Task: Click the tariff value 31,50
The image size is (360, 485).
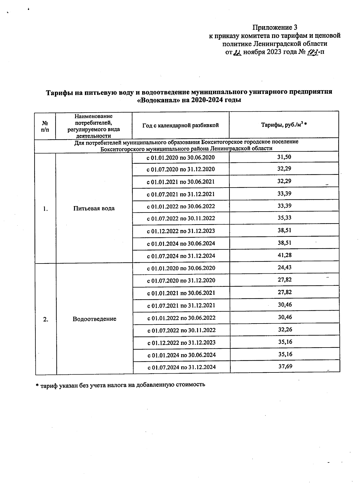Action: tap(284, 157)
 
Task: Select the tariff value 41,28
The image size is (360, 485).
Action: tap(284, 255)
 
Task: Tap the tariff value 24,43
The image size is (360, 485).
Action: tap(284, 267)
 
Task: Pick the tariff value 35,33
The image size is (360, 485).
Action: tap(284, 218)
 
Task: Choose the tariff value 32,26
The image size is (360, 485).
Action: tap(285, 329)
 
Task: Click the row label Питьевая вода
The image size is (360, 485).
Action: tap(94, 208)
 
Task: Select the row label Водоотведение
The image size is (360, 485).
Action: tap(94, 319)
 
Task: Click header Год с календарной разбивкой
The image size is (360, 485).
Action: tap(180, 125)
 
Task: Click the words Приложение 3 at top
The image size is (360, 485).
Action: tap(272, 28)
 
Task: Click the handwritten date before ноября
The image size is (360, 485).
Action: tap(237, 53)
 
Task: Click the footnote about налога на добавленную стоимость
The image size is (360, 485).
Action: tap(120, 384)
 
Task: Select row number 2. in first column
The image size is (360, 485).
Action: tap(46, 319)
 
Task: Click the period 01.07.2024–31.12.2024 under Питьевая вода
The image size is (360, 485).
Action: tap(181, 256)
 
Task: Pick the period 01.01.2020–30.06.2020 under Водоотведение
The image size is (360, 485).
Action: tap(181, 268)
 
